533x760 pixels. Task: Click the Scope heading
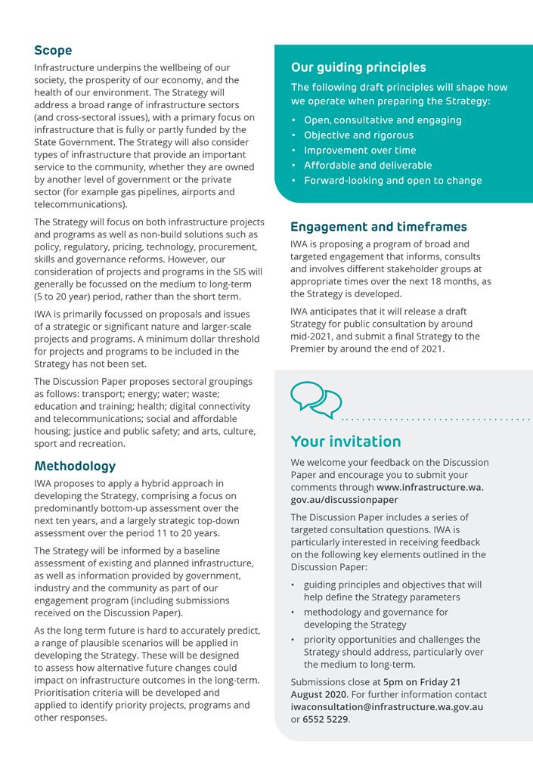coord(53,51)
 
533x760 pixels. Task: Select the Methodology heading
coord(75,466)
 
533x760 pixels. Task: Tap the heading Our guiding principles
coord(358,67)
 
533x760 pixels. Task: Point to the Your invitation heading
coord(346,442)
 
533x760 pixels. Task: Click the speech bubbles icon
coord(316,399)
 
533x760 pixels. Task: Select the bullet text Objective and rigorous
coord(358,135)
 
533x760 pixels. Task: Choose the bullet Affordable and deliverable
coord(367,166)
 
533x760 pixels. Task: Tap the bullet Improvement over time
coord(360,150)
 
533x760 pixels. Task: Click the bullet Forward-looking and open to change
coord(392,181)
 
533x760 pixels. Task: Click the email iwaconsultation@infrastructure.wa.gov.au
coord(386,707)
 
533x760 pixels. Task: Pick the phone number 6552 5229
coord(326,719)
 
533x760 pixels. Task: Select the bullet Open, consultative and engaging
coord(383,120)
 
